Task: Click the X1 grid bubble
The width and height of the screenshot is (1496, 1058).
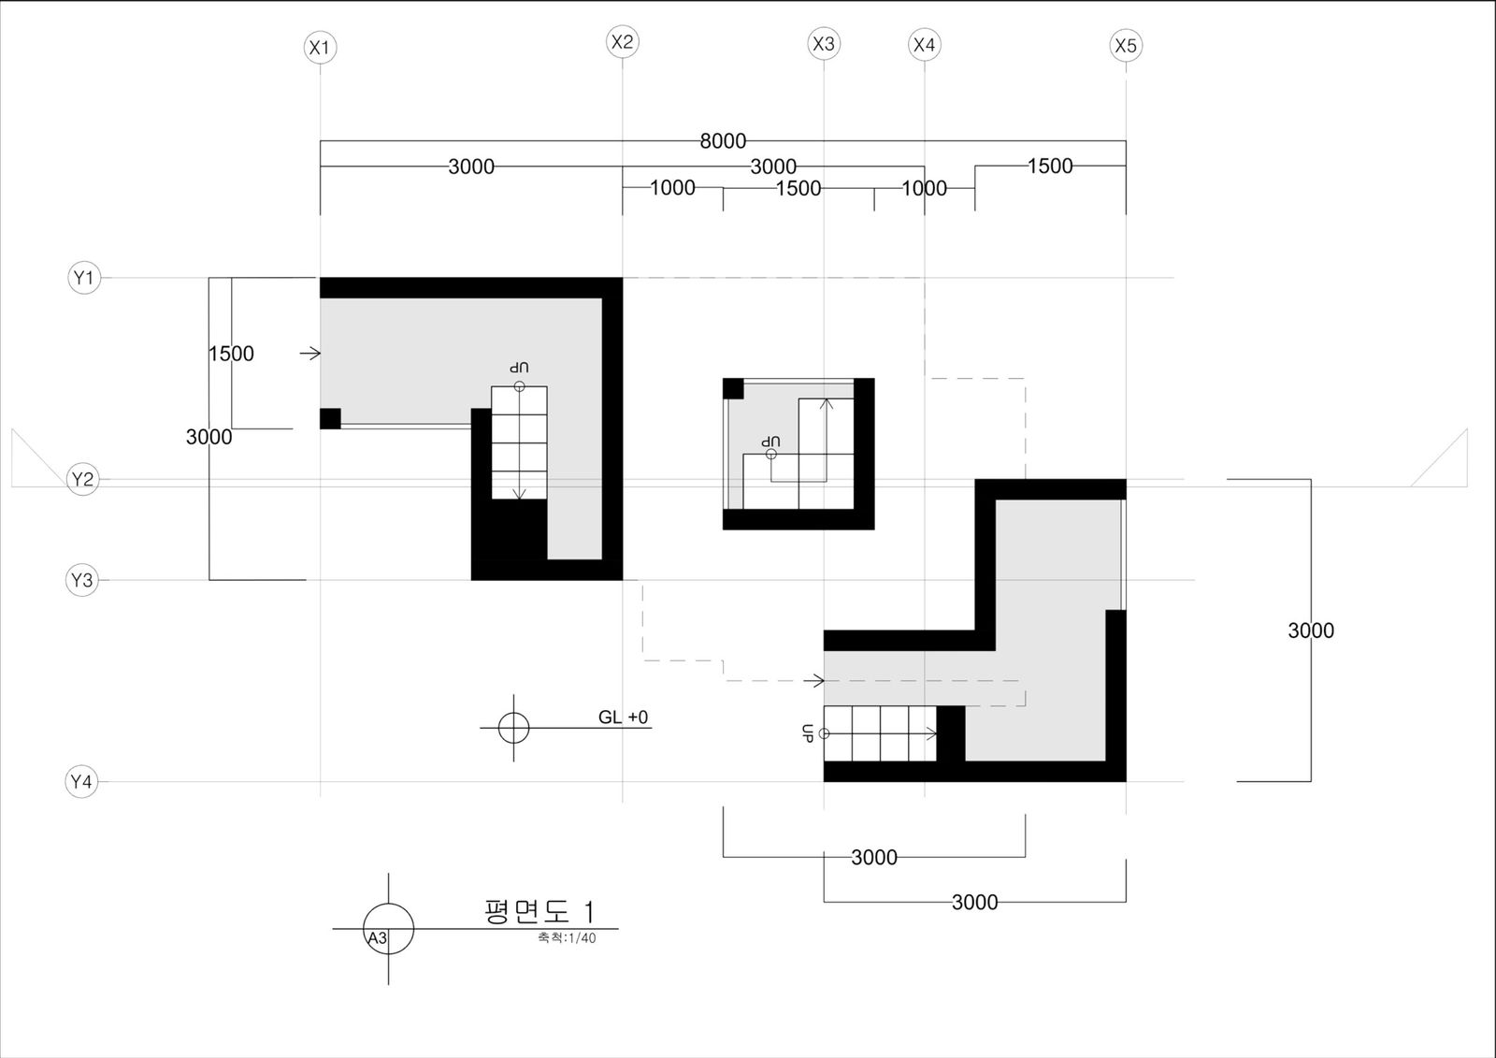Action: pos(320,48)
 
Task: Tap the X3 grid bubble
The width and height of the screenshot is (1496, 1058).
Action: pos(824,43)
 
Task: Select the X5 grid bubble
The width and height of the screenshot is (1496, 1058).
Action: pos(1126,46)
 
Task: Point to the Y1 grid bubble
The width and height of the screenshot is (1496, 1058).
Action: pos(84,278)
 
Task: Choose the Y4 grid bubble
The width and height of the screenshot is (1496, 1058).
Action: pos(81,781)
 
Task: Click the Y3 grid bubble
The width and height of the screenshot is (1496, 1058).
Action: pos(82,580)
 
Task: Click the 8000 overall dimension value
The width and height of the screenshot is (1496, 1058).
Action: pos(723,141)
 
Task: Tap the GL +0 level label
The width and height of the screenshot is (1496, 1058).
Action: pos(623,717)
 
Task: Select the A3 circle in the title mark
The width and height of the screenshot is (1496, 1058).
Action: pos(389,929)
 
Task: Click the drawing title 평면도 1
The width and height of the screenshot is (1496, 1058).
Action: pos(539,912)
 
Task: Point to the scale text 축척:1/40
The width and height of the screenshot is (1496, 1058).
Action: pos(567,937)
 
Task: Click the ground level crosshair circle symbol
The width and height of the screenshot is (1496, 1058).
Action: pos(513,728)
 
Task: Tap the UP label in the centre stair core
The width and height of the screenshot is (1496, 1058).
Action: pos(770,442)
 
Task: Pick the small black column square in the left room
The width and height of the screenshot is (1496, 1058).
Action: pos(331,418)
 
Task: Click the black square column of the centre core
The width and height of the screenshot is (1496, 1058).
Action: pos(733,388)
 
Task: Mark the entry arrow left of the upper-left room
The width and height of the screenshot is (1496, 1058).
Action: pos(309,354)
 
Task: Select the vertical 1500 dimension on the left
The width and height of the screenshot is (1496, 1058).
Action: pos(231,354)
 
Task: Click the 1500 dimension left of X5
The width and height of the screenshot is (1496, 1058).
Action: pos(1050,166)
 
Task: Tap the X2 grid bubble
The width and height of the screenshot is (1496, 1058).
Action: pos(623,41)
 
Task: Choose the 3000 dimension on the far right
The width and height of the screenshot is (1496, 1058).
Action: pos(1311,630)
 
